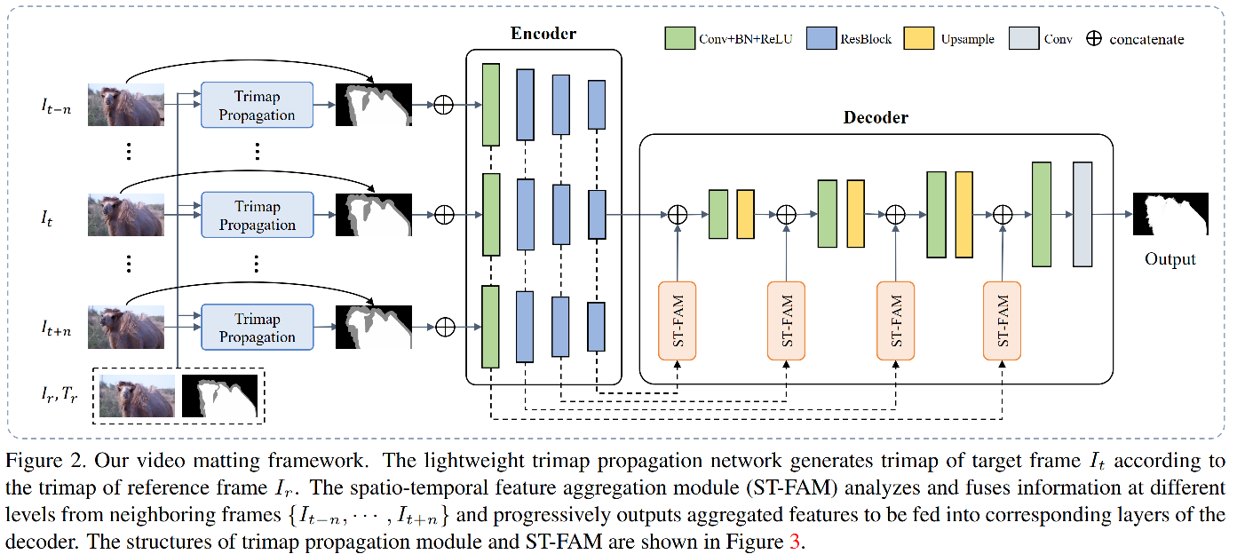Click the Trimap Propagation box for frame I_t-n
(x=258, y=105)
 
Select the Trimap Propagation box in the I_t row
(x=258, y=215)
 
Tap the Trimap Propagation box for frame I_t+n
(x=258, y=327)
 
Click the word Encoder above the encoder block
(x=543, y=35)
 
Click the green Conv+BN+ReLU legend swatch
(x=679, y=39)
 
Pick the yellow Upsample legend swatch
(x=918, y=39)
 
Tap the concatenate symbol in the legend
(x=1094, y=39)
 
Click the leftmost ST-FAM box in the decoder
(x=678, y=321)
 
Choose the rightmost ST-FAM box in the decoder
(x=1003, y=321)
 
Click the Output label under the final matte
(x=1170, y=259)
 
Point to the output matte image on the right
(x=1170, y=214)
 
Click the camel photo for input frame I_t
(x=125, y=215)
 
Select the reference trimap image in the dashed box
(x=219, y=396)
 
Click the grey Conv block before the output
(x=1082, y=214)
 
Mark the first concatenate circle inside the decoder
(x=678, y=214)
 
